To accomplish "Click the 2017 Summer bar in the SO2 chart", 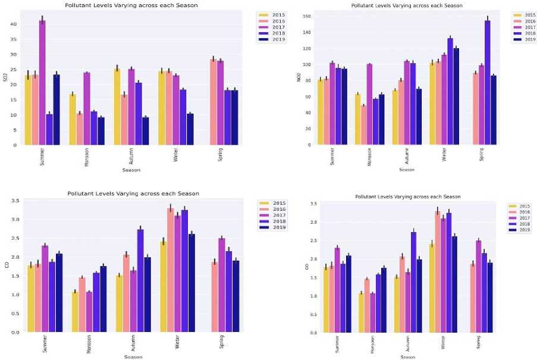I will [42, 83].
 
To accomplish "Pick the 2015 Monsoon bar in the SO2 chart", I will [72, 119].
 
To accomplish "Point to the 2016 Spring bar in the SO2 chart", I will [197, 102].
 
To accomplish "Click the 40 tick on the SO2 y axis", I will [13, 24].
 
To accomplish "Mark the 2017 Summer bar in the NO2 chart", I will [332, 104].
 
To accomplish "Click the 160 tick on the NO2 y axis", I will [307, 16].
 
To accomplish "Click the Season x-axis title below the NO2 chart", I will [407, 170].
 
